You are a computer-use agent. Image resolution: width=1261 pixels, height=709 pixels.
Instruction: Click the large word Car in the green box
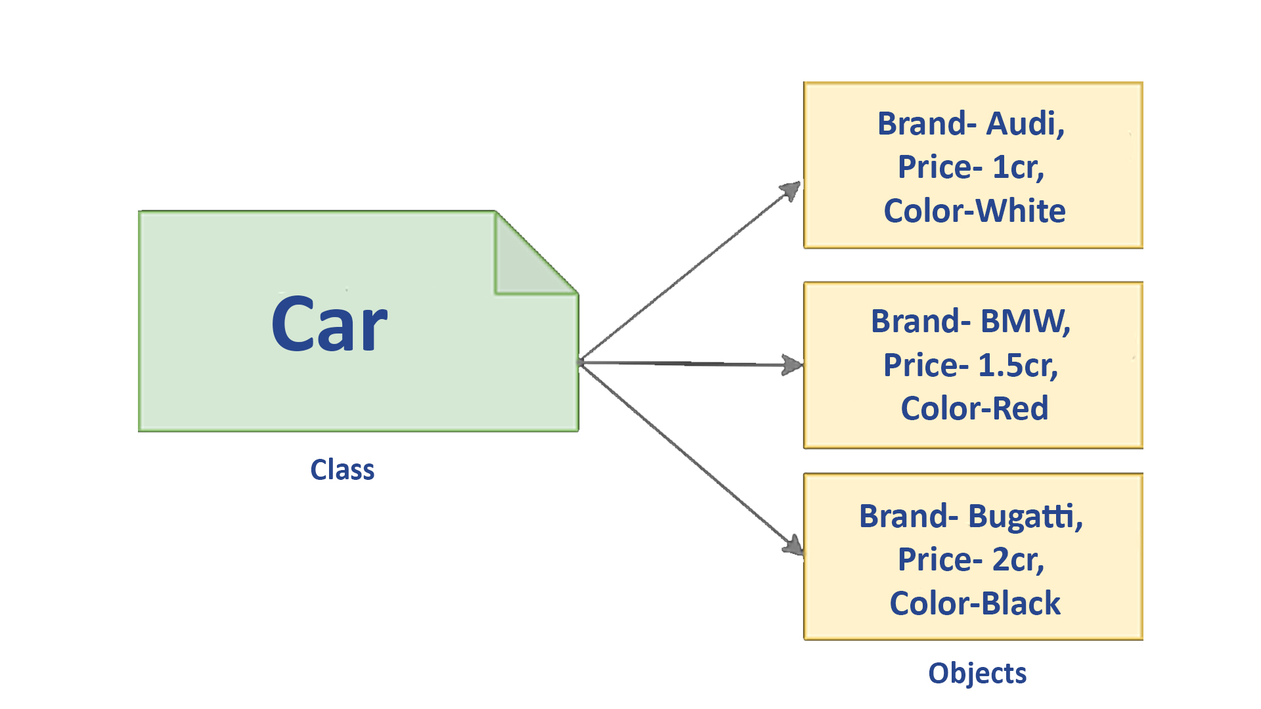(329, 324)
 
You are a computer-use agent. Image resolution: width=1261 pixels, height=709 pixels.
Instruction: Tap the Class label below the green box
(342, 470)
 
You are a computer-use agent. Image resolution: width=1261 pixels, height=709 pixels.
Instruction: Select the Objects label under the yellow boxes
(977, 674)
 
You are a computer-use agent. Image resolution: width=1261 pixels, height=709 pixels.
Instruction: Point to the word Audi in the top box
(1025, 123)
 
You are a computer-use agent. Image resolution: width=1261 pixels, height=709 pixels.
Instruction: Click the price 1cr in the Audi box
(1017, 167)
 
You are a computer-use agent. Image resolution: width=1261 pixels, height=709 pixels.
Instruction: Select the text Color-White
(974, 211)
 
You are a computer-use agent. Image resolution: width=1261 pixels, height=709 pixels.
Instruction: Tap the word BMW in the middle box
(1025, 322)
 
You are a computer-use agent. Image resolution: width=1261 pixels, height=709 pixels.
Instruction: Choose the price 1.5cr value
(1017, 365)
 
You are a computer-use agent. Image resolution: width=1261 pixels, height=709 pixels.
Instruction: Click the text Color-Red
(974, 408)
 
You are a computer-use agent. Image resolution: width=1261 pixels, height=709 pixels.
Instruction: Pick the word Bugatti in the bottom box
(1025, 516)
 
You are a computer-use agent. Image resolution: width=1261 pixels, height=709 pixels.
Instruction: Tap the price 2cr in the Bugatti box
(1017, 560)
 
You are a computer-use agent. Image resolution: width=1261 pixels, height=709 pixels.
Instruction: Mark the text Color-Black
(975, 603)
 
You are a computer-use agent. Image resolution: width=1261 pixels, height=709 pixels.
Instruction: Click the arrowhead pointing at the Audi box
(791, 190)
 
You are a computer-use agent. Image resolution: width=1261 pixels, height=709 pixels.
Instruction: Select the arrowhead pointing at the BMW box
(793, 365)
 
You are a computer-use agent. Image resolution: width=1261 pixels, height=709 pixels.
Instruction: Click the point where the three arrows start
(581, 362)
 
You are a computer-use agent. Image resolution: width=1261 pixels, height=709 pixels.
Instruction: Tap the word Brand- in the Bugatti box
(908, 516)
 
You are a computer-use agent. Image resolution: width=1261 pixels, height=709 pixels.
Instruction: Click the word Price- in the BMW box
(925, 365)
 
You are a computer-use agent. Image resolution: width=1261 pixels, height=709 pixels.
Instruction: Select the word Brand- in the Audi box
(927, 123)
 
